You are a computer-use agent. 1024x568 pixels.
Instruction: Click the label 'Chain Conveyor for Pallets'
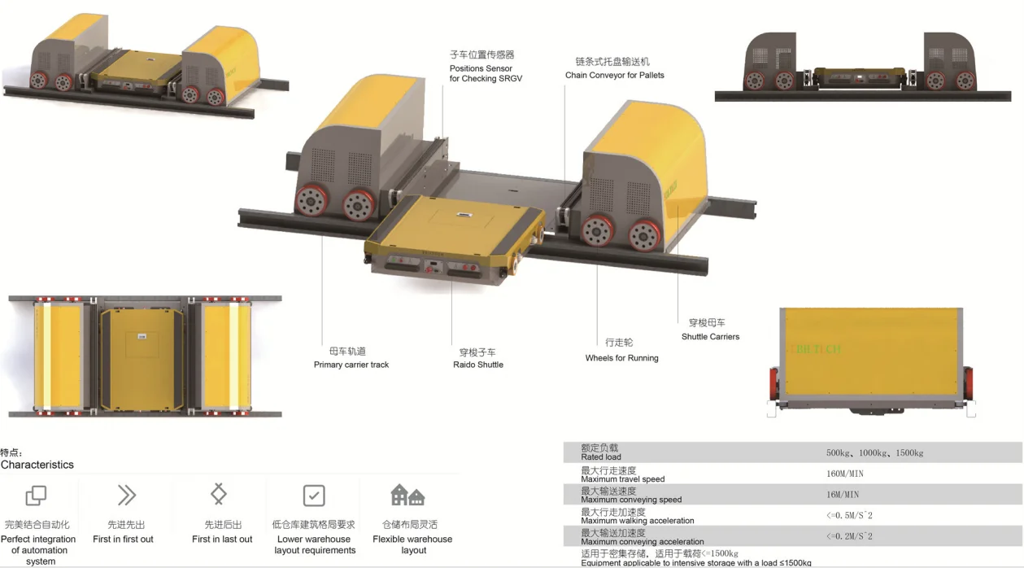click(x=614, y=75)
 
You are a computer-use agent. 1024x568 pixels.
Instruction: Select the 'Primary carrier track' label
click(x=351, y=365)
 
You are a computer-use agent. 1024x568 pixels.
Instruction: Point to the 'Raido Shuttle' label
click(x=478, y=365)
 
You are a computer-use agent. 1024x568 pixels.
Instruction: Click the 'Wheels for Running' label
click(x=621, y=358)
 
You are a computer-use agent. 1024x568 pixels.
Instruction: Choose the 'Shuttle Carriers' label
click(x=710, y=336)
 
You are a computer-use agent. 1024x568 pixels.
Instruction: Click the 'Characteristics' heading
click(x=37, y=465)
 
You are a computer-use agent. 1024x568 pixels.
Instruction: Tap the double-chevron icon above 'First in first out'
click(x=126, y=495)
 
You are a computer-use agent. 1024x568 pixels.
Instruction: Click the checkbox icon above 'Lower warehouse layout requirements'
click(x=314, y=495)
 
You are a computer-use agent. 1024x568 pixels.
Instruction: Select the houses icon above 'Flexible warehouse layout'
click(x=407, y=495)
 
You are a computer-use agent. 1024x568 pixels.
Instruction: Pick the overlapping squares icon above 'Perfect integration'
click(x=36, y=495)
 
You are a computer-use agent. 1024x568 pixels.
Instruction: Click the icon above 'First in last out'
click(x=218, y=494)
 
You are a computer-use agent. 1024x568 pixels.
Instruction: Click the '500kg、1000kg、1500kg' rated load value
click(x=874, y=452)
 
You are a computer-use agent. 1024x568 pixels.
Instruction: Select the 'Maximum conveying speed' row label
click(x=631, y=500)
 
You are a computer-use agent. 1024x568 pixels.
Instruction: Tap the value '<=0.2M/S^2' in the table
click(x=849, y=536)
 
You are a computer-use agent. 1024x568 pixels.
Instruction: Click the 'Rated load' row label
click(x=601, y=457)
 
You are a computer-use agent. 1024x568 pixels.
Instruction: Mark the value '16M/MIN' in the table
click(x=842, y=495)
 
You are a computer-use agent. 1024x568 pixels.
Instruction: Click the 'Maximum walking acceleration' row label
click(x=638, y=521)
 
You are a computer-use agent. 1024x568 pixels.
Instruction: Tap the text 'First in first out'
click(x=123, y=540)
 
